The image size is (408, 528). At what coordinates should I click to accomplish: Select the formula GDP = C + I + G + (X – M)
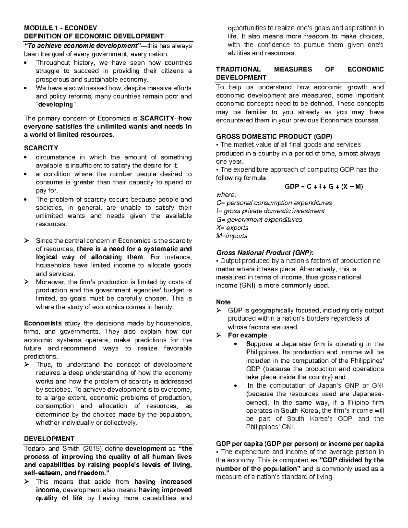(x=323, y=186)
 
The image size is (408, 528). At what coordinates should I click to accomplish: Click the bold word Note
(x=223, y=302)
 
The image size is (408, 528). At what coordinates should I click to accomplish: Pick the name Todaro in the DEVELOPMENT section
(x=34, y=448)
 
